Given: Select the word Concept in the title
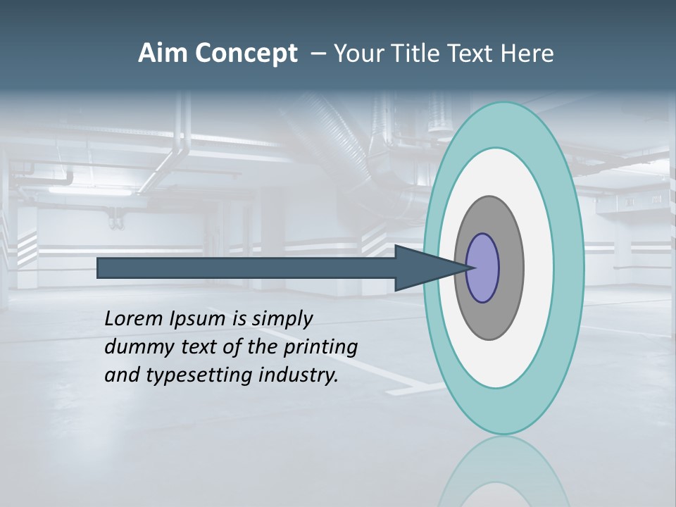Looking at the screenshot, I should point(247,54).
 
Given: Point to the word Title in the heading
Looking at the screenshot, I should point(415,54).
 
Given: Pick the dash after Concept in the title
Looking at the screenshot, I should point(317,54).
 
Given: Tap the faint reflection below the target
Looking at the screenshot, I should point(503,472).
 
